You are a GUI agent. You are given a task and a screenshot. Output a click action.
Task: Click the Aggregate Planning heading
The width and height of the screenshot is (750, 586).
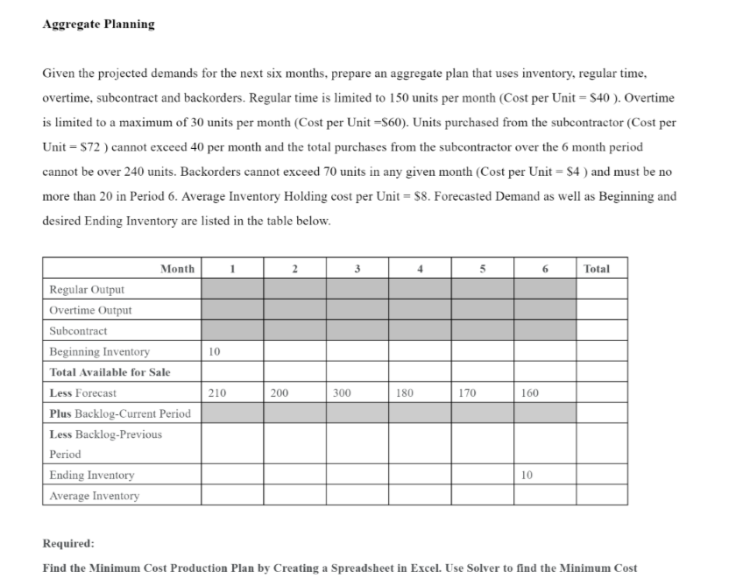[x=98, y=25]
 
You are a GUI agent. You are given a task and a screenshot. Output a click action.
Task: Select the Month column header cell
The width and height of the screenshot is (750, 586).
[x=177, y=269]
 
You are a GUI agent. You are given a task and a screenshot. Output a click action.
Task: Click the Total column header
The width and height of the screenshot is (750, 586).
[x=596, y=269]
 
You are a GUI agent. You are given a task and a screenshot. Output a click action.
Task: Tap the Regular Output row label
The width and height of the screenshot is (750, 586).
[x=87, y=290]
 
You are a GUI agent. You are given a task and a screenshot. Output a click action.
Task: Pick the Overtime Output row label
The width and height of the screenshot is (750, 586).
[x=90, y=310]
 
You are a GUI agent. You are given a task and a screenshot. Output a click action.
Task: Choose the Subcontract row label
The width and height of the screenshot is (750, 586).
[x=78, y=331]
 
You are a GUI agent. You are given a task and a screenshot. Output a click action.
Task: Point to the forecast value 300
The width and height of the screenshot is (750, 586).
[x=342, y=393]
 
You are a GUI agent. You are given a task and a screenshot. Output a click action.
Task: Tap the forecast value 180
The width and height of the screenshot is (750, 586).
[x=404, y=393]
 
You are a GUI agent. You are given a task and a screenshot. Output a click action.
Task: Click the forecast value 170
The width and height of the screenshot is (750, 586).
[x=467, y=393]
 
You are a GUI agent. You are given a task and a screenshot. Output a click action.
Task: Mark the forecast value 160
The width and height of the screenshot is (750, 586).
[x=529, y=393]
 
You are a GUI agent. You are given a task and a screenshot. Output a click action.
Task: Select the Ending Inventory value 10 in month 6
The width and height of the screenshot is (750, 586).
[x=526, y=476]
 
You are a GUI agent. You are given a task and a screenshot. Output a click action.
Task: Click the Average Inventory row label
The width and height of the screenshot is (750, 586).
[x=94, y=496]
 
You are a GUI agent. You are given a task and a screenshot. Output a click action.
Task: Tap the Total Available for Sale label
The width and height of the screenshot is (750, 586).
[x=110, y=372]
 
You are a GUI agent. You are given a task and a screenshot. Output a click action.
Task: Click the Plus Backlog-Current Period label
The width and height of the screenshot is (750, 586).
[x=119, y=413]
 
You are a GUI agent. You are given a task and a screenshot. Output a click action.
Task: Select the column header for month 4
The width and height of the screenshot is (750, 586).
[x=421, y=269]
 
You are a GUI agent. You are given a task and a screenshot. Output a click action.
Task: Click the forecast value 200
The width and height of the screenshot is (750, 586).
[x=279, y=393]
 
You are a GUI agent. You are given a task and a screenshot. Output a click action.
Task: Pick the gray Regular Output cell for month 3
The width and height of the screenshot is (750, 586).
[x=357, y=289]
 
